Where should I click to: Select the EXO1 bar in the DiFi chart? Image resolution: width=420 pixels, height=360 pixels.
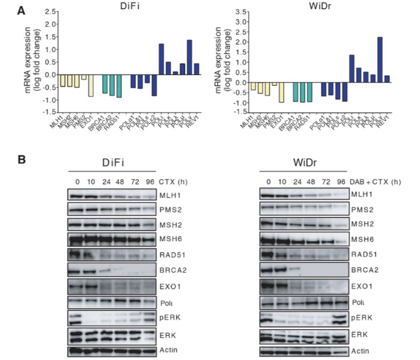pos(90,86)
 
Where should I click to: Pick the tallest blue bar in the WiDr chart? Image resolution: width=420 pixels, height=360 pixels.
pos(380,60)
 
